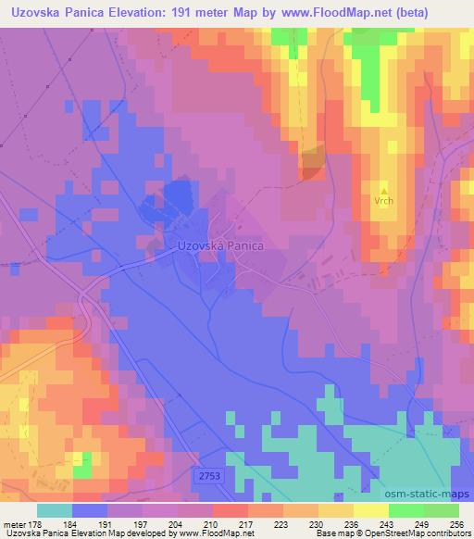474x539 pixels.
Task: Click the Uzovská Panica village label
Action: (x=219, y=247)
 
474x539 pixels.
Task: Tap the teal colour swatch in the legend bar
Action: (x=54, y=510)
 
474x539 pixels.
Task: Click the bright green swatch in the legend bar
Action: (x=405, y=510)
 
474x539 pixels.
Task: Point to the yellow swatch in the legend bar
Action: (x=335, y=510)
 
